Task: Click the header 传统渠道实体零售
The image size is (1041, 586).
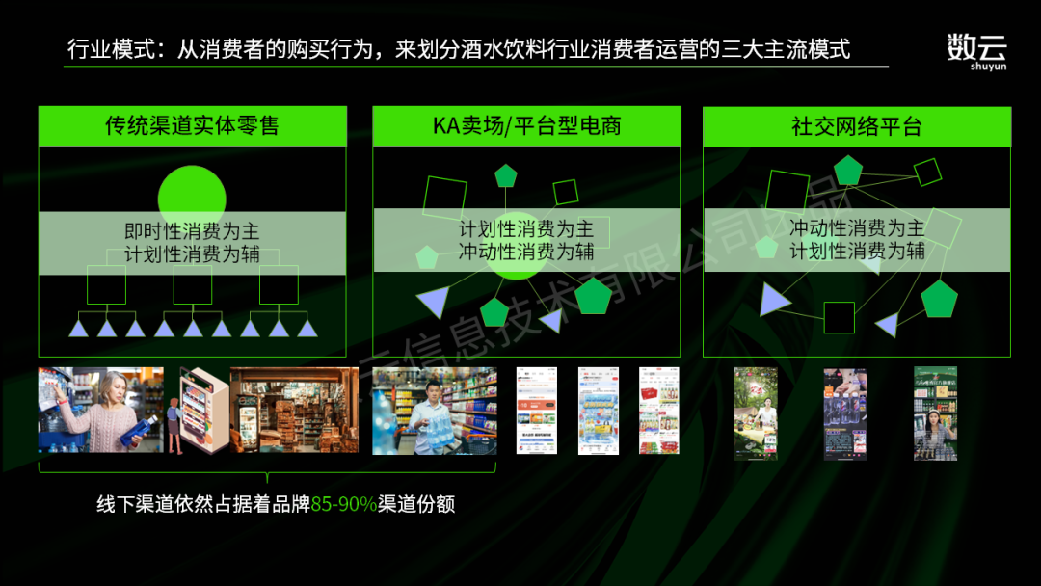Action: (192, 126)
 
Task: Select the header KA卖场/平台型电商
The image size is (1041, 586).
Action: (526, 126)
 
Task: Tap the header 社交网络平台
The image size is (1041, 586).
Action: (857, 126)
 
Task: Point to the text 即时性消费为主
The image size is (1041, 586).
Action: (192, 231)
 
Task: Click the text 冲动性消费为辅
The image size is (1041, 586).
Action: (526, 253)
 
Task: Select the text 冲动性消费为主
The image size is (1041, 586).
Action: (857, 228)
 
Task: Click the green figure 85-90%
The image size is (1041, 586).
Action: (343, 504)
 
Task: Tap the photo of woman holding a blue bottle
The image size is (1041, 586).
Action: (100, 411)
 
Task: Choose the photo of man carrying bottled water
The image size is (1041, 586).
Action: (434, 411)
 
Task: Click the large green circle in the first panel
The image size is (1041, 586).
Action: (192, 198)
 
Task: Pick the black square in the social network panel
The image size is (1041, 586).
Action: (840, 317)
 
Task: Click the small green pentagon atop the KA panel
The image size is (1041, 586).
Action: (506, 175)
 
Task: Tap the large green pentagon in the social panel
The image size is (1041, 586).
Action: (939, 300)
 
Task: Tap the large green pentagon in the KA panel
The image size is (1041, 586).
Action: (593, 296)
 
